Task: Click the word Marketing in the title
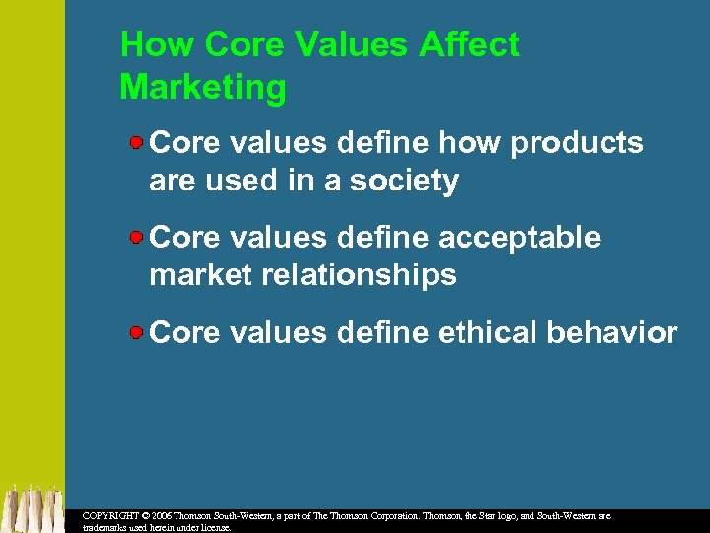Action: pyautogui.click(x=202, y=88)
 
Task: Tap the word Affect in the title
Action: pyautogui.click(x=468, y=45)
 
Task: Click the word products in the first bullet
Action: pyautogui.click(x=576, y=143)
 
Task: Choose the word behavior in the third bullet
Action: pyautogui.click(x=618, y=333)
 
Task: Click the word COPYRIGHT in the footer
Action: pyautogui.click(x=107, y=516)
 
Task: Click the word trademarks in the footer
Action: pyautogui.click(x=104, y=528)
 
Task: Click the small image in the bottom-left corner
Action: pyautogui.click(x=32, y=506)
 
